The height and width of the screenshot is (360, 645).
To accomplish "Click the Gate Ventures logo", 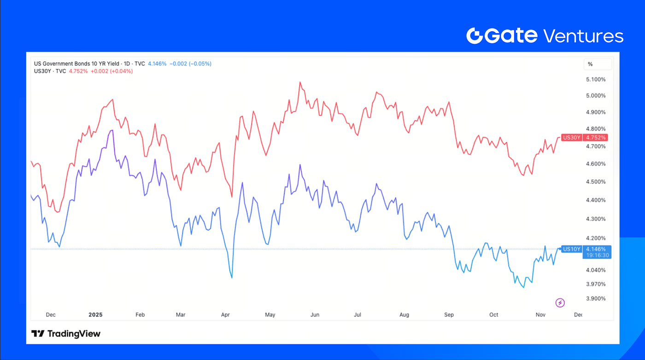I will click(545, 35).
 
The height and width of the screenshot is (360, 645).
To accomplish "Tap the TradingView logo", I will click(66, 333).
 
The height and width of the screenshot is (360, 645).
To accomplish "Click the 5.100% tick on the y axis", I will click(596, 79).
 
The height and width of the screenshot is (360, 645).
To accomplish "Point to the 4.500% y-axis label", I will click(596, 181).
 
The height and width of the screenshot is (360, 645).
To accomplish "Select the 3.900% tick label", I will click(596, 298).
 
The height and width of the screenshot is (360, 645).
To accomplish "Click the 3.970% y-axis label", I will click(596, 284).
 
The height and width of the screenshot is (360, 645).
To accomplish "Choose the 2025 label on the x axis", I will click(96, 315).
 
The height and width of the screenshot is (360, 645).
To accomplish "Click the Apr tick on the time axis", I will click(225, 315).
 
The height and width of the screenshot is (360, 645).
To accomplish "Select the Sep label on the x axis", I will click(449, 315).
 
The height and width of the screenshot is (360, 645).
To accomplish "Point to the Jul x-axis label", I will click(357, 315).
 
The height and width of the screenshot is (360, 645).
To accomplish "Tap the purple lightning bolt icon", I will click(560, 302).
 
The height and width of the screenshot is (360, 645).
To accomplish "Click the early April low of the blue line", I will click(231, 278).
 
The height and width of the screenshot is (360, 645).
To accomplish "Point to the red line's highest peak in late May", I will click(300, 82).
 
